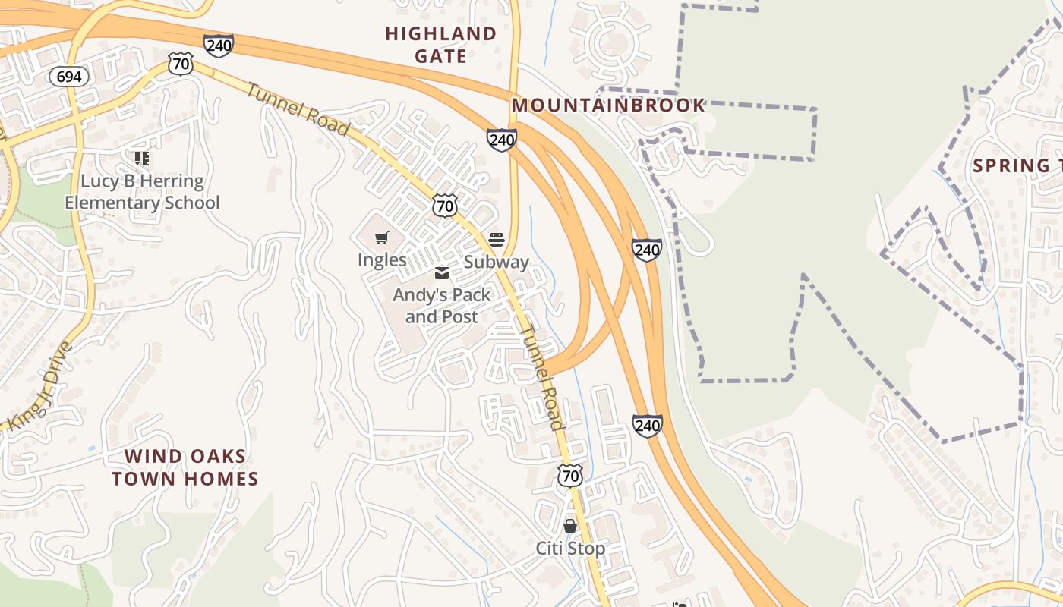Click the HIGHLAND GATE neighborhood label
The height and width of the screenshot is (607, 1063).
click(440, 45)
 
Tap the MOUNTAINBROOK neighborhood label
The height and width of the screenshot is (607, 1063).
click(608, 105)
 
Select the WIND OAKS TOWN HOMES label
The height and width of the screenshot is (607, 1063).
click(185, 467)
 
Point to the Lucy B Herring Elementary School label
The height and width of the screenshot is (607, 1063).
click(142, 192)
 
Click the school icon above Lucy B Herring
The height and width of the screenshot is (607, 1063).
click(142, 159)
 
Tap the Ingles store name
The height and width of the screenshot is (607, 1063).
click(382, 259)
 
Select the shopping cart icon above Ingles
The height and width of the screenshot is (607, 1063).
click(382, 238)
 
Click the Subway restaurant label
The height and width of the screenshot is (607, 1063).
click(496, 262)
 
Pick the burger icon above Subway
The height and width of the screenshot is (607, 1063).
click(497, 241)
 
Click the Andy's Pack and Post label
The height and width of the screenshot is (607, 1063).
click(441, 305)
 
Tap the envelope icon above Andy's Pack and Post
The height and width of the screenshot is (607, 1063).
click(441, 273)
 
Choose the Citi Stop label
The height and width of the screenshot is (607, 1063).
click(570, 548)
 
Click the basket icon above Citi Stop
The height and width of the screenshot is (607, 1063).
click(570, 526)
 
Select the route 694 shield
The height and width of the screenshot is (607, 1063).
click(69, 77)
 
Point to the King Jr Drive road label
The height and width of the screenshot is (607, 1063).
click(40, 388)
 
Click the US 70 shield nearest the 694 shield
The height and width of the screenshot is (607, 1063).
click(181, 64)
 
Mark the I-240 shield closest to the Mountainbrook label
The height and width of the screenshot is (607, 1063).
click(502, 140)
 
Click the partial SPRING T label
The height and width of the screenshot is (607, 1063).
click(1017, 165)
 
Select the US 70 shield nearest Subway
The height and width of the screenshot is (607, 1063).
click(446, 205)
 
